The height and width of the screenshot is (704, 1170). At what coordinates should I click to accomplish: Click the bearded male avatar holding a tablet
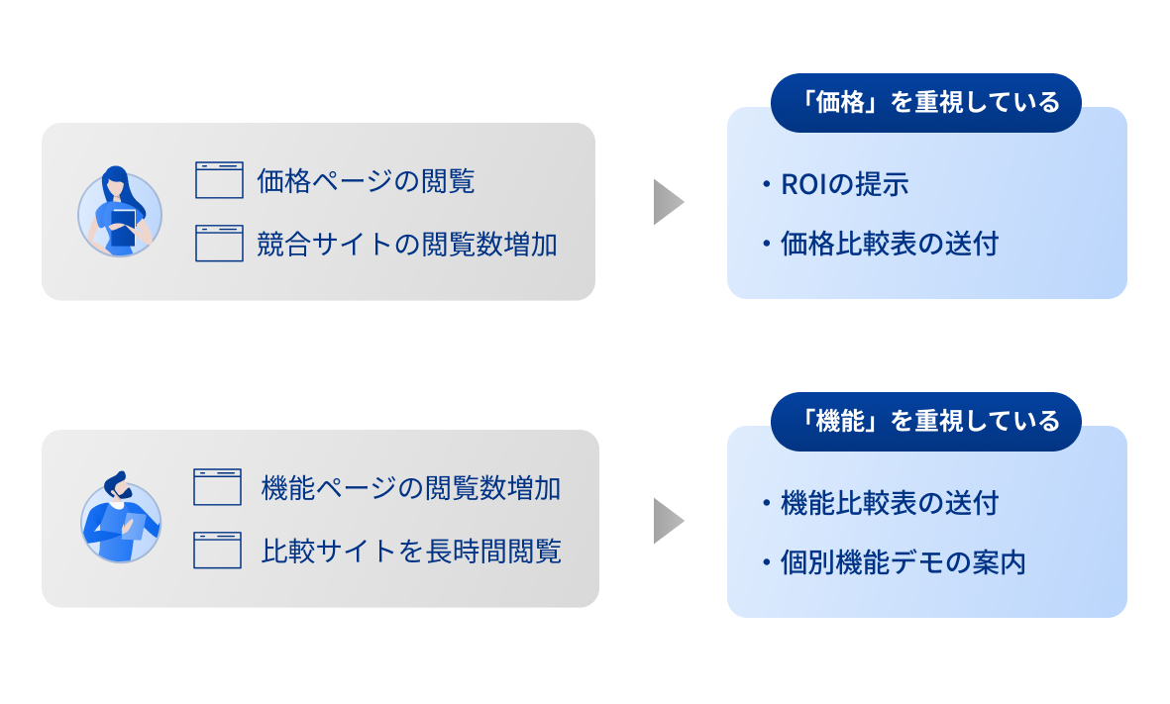tap(119, 520)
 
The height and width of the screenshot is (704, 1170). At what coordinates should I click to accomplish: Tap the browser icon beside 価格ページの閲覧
tap(219, 180)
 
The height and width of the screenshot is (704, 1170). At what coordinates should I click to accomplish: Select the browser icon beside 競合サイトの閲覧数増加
tap(219, 244)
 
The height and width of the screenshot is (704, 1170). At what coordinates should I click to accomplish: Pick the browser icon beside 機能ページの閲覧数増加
tap(218, 487)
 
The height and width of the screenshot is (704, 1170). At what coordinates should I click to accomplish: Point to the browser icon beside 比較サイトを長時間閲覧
tap(218, 551)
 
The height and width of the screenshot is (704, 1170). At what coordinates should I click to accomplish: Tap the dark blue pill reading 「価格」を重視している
tap(926, 103)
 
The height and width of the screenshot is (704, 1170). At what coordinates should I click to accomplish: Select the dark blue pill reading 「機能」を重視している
tap(926, 422)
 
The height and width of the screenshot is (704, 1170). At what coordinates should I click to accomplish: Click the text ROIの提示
tap(844, 185)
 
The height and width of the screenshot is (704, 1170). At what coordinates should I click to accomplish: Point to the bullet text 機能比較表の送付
tap(889, 504)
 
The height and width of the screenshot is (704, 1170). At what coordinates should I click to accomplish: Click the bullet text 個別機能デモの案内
tap(903, 563)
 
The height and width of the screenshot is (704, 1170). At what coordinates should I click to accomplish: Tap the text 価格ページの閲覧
tap(366, 181)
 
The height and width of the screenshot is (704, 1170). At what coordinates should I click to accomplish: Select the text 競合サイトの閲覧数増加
tap(406, 245)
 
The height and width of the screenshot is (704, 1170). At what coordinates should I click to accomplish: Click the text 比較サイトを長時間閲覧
tap(411, 552)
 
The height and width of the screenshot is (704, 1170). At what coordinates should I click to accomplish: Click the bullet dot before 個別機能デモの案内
tap(767, 563)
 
